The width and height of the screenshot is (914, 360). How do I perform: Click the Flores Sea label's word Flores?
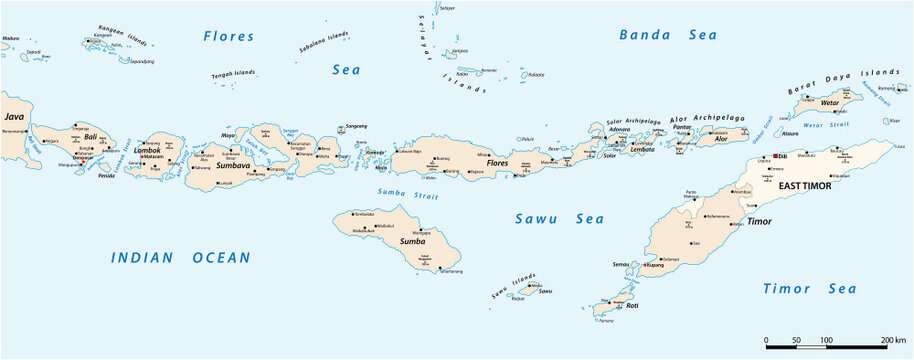coord(229,36)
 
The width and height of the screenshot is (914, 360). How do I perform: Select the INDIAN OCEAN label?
coord(180,257)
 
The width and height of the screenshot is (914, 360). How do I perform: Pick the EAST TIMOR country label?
coord(805,186)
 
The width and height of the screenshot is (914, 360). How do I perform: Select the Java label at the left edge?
coord(13,117)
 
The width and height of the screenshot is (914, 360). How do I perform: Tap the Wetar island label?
coord(828,103)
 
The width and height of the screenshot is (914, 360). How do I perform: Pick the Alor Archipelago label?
coord(707,118)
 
